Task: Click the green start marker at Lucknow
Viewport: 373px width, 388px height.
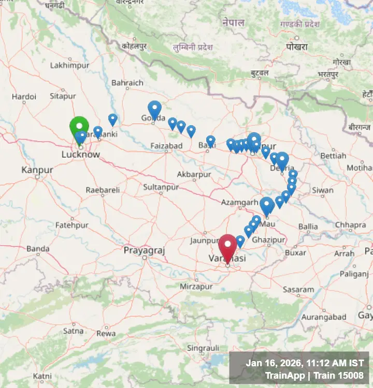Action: point(79,127)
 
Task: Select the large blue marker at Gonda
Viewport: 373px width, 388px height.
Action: point(154,109)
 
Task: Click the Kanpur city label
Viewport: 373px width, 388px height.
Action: point(37,170)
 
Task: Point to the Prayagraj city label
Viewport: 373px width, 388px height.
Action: point(144,250)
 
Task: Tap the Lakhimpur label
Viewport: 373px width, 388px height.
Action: point(70,66)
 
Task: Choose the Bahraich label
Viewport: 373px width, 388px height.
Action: point(127,83)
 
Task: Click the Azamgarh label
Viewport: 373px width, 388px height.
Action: point(239,202)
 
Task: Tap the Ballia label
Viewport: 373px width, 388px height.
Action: point(308,226)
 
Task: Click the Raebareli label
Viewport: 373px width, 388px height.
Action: point(103,190)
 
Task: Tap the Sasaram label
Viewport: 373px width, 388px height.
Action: point(298,290)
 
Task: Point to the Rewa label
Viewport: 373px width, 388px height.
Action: point(106,334)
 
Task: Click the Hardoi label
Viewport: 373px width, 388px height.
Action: point(24,96)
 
